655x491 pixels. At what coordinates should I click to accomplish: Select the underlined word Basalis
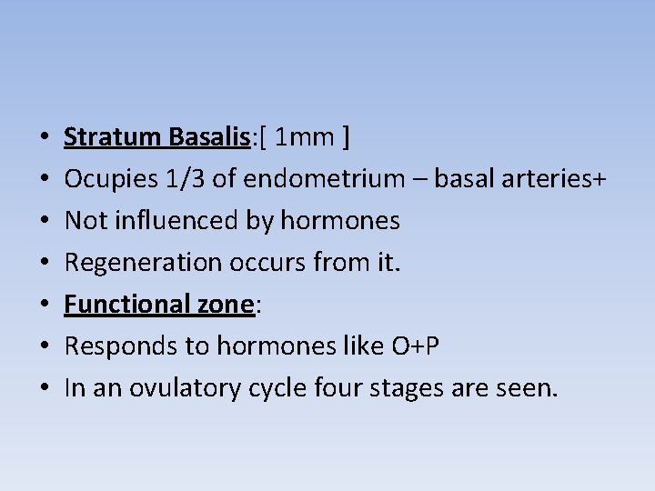pyautogui.click(x=208, y=137)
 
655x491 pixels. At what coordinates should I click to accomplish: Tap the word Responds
pyautogui.click(x=112, y=346)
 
